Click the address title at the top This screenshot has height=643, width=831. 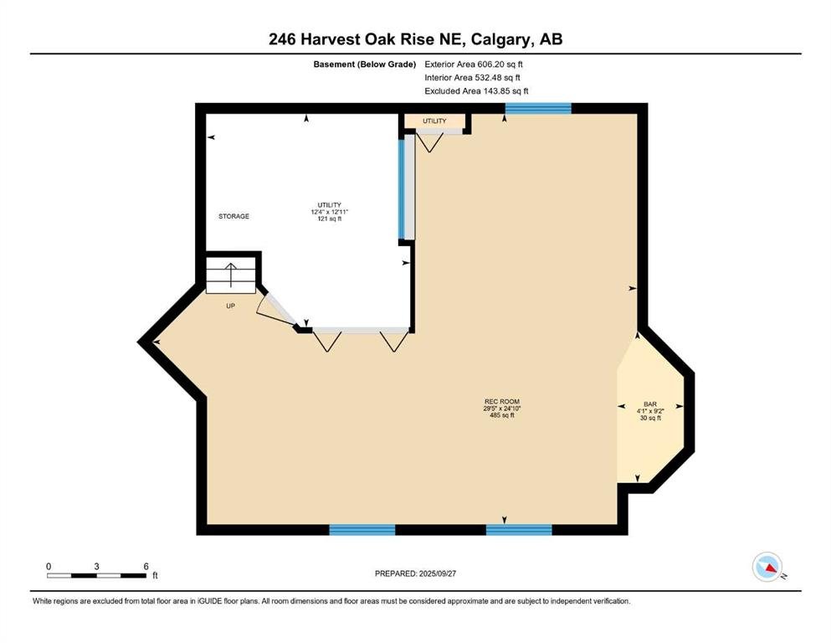(x=415, y=39)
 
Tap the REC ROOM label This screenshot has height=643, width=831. (x=502, y=402)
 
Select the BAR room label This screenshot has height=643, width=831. (x=650, y=404)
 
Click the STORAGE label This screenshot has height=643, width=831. (x=233, y=216)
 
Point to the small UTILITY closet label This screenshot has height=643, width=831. (x=434, y=121)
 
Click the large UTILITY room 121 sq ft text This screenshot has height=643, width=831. (x=330, y=219)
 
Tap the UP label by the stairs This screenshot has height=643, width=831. (x=230, y=306)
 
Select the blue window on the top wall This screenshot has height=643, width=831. (x=538, y=109)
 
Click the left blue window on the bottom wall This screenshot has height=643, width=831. (x=362, y=530)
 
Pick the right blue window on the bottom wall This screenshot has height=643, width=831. (x=519, y=530)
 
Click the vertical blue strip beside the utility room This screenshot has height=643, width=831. (x=402, y=189)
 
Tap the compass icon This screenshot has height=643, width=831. (x=767, y=567)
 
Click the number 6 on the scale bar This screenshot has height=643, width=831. (x=146, y=566)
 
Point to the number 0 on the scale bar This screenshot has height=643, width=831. (x=49, y=566)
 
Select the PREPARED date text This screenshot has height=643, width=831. (x=415, y=574)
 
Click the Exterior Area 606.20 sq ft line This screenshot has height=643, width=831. (x=474, y=64)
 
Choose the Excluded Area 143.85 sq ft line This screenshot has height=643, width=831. (x=476, y=90)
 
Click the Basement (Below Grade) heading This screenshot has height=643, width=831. (x=365, y=64)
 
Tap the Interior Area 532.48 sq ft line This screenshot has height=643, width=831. (x=472, y=77)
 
